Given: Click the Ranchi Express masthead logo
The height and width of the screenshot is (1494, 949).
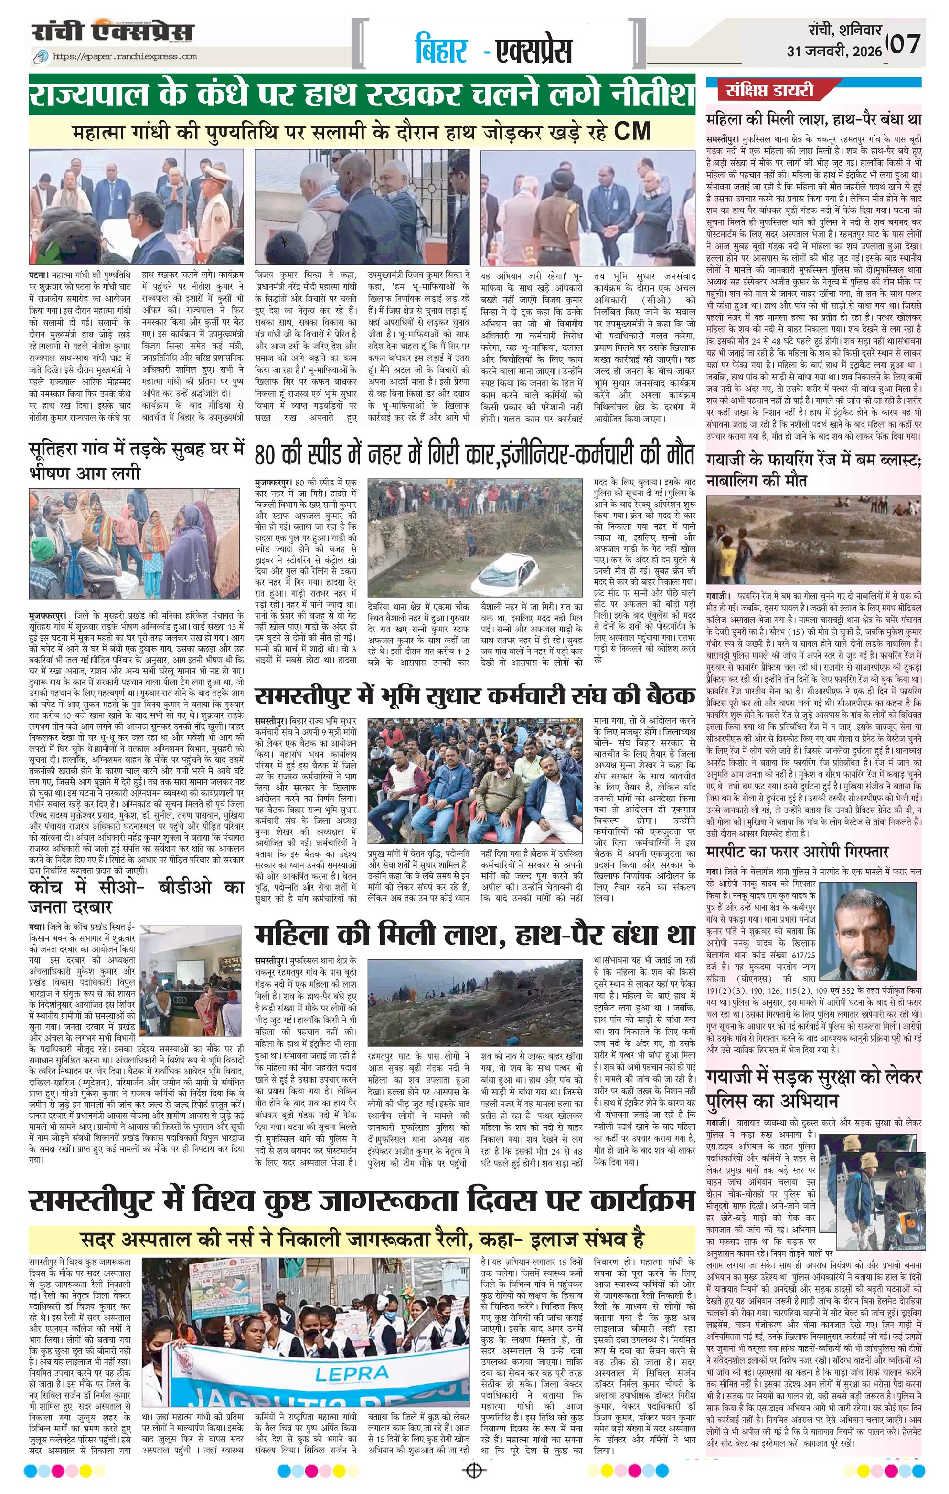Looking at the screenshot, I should click(x=112, y=33).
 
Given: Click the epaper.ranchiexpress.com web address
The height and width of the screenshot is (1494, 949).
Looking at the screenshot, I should click(x=125, y=56).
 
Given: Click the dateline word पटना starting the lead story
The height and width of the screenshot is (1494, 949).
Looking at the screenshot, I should click(x=39, y=274).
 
